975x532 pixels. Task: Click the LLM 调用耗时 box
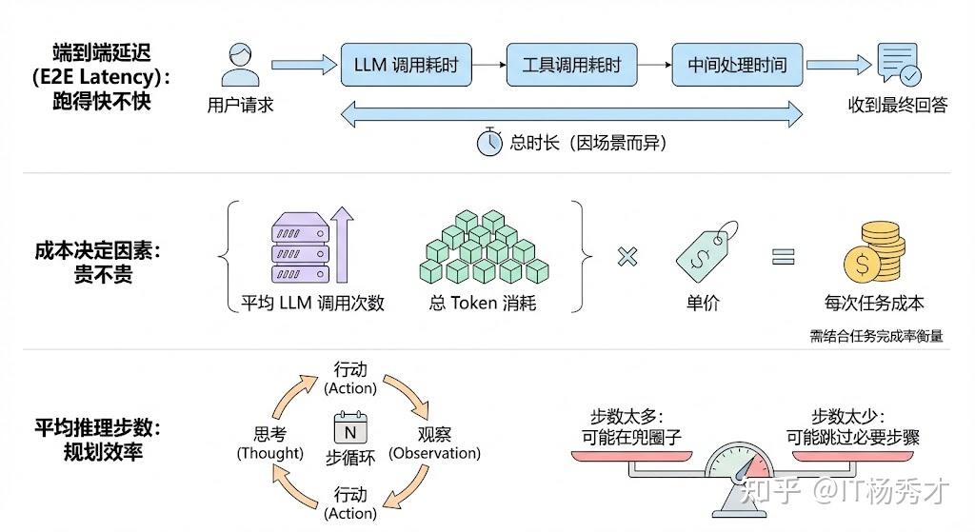pyautogui.click(x=406, y=65)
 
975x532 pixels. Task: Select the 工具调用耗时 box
pyautogui.click(x=571, y=65)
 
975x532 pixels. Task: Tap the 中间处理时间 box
pyautogui.click(x=737, y=65)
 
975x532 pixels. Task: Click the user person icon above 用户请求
pyautogui.click(x=241, y=65)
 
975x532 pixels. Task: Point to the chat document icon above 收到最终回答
pyautogui.click(x=899, y=64)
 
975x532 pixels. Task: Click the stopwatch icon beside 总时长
pyautogui.click(x=489, y=142)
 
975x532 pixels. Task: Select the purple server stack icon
pyautogui.click(x=300, y=247)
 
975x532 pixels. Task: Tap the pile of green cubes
pyautogui.click(x=484, y=246)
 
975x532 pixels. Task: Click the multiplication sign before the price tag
pyautogui.click(x=627, y=256)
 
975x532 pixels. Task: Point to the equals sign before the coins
pyautogui.click(x=784, y=256)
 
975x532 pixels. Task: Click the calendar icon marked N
pyautogui.click(x=350, y=427)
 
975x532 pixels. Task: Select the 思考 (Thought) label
pyautogui.click(x=269, y=443)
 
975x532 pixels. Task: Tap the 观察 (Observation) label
pyautogui.click(x=434, y=443)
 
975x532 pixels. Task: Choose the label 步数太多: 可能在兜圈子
pyautogui.click(x=632, y=427)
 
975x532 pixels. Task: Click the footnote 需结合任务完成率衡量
pyautogui.click(x=876, y=336)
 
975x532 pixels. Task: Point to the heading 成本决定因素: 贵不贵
pyautogui.click(x=98, y=263)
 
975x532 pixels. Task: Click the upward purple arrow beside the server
pyautogui.click(x=342, y=245)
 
